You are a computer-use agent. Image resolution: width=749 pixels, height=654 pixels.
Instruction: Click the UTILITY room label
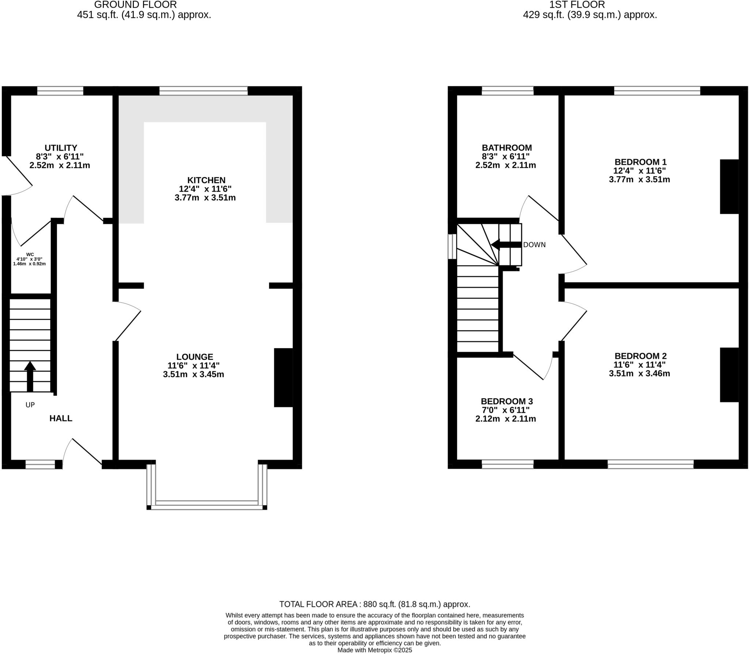pos(61,148)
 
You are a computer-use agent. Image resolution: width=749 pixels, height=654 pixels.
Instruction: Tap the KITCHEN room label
pos(206,180)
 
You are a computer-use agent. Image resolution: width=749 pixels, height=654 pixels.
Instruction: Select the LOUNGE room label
pos(195,357)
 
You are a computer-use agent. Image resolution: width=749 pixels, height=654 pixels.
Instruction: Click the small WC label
pos(30,254)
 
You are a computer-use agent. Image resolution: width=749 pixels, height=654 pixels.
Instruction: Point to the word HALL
pos(61,418)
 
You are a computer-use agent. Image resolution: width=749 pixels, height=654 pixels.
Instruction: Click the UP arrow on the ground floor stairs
pos(30,377)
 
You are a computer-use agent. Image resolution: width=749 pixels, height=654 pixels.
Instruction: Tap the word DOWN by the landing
pos(534,245)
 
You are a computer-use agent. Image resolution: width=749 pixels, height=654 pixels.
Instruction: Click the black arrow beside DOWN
pos(506,245)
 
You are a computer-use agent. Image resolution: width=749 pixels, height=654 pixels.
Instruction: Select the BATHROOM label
pos(507,148)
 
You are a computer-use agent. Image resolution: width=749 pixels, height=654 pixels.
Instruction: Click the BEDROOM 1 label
pos(640,162)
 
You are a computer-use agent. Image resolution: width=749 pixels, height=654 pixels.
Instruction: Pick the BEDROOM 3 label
pos(507,401)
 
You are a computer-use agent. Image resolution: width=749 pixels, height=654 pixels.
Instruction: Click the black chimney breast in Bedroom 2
pos(729,375)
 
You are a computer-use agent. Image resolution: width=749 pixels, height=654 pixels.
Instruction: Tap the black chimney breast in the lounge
pos(283,377)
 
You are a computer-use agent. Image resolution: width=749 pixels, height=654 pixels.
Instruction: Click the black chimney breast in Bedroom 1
pos(729,186)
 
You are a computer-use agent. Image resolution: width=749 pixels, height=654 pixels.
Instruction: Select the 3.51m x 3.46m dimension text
pos(639,373)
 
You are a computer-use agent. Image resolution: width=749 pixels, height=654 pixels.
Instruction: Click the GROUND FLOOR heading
pos(135,5)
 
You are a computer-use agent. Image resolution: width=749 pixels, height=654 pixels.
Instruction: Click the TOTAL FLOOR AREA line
pos(374,604)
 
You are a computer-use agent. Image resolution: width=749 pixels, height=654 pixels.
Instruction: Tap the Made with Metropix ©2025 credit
pos(374,650)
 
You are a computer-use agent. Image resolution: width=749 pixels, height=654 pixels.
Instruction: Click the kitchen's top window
pos(203,90)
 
